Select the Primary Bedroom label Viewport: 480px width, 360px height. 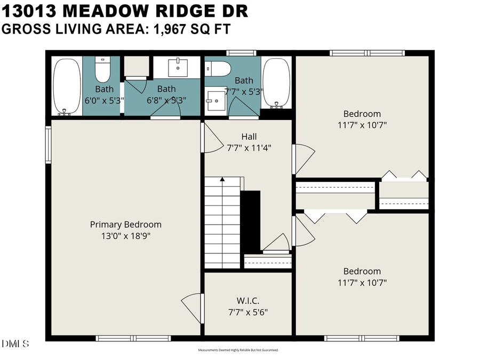[x=125, y=225]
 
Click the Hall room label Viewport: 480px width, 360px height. [x=249, y=137]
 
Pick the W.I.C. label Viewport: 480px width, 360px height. [x=248, y=301]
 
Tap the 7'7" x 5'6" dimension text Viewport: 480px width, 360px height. [x=248, y=311]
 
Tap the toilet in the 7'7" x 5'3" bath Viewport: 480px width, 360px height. [x=219, y=68]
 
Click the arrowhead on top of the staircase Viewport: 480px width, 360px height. [x=222, y=180]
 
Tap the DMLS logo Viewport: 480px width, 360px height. [x=15, y=343]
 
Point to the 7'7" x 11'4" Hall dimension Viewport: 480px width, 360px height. [x=249, y=148]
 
